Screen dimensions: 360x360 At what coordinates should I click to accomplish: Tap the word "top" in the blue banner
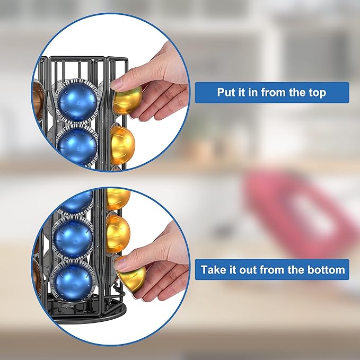[317, 93]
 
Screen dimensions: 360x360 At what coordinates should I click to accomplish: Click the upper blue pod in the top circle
[77, 101]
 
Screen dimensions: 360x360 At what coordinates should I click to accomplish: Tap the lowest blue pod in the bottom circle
[73, 281]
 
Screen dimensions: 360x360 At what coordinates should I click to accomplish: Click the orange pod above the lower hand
[118, 233]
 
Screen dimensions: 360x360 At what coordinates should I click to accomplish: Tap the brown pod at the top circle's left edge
[38, 100]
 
